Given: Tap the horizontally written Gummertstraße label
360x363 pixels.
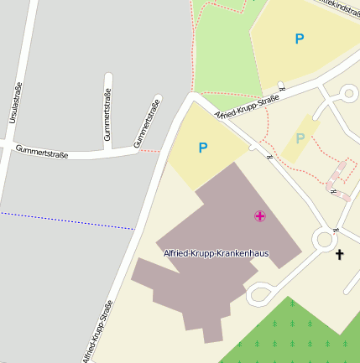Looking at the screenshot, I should [41, 152].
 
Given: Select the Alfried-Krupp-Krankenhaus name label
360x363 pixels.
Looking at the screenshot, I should [210, 252].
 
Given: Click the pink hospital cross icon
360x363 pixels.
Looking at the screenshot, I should [260, 216].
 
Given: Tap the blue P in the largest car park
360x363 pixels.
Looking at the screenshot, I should [300, 39].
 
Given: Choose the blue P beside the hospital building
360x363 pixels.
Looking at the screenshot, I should [202, 148].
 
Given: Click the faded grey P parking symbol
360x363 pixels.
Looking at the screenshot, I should [300, 138].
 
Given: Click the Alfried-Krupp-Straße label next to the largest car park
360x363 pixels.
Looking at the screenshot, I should [247, 108].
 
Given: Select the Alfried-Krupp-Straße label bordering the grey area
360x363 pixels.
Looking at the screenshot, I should [97, 332].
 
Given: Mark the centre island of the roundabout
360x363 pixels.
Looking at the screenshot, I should [325, 241].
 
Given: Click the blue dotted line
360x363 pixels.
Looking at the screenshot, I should [67, 220].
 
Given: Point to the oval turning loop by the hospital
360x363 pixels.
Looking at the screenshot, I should [261, 293].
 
